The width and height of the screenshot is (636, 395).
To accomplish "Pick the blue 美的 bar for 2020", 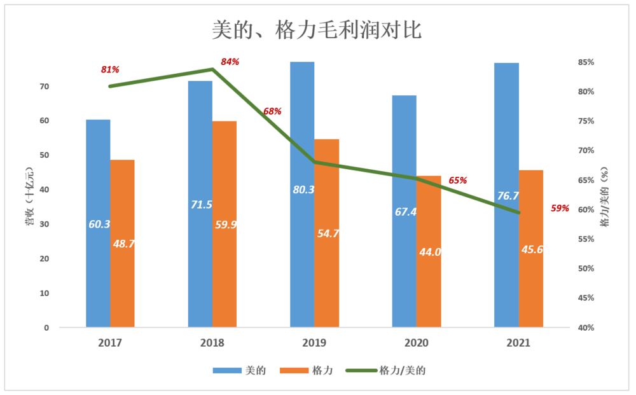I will point(404,267).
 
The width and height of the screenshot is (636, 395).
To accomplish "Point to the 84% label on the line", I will point(230,62).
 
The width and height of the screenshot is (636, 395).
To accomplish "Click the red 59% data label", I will point(560,208).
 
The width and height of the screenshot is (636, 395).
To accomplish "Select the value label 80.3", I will point(303,189).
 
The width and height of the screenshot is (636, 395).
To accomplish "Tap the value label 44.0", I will point(430,252).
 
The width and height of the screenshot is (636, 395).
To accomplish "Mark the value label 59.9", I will point(226,224).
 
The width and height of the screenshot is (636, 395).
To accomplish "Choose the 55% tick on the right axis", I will point(585,239).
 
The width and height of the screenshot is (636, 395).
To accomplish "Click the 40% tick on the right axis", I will point(585,328).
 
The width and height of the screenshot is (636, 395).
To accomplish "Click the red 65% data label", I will point(457,181).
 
